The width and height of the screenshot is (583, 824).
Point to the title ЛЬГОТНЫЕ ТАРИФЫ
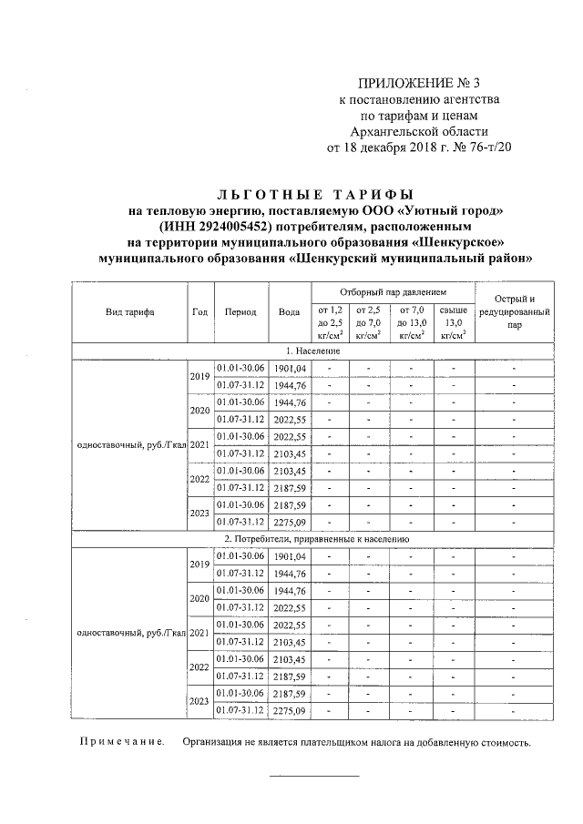315,195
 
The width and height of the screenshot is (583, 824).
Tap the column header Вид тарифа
129,311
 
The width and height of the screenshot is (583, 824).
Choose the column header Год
199,311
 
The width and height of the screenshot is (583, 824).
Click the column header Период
240,311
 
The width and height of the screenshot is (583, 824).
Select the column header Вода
289,311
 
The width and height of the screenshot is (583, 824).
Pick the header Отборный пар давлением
394,292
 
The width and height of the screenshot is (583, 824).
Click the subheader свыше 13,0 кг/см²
453,322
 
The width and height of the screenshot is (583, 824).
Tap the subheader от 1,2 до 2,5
329,322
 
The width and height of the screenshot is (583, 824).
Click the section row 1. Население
312,351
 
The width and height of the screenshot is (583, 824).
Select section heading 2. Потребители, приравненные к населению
312,539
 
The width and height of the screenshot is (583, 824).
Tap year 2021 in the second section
199,633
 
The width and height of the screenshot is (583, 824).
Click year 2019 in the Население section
199,375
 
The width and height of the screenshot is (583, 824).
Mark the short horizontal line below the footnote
312,776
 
